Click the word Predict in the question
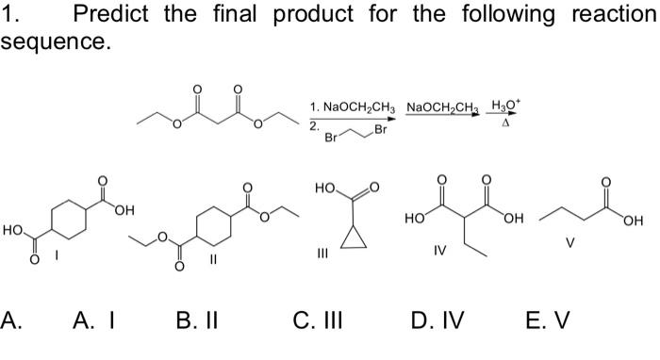111,15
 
